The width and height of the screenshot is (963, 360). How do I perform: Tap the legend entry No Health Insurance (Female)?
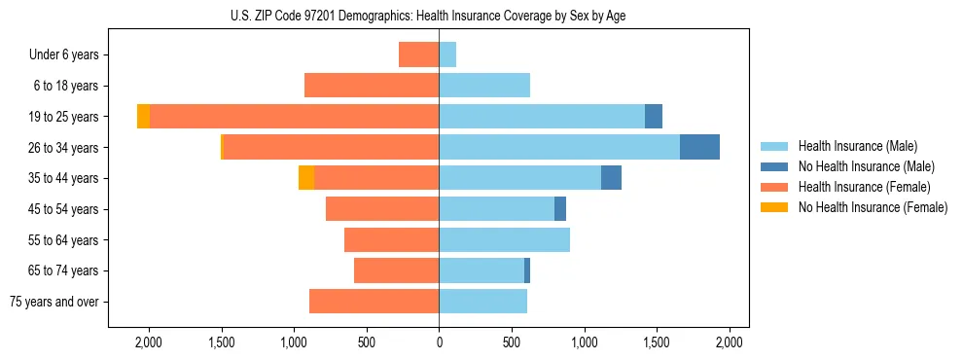[x=873, y=207]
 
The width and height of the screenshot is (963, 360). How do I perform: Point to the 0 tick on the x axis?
[x=439, y=342]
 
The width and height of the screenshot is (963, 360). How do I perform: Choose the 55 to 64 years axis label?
[x=65, y=240]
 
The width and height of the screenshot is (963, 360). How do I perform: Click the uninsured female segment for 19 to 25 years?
[x=143, y=117]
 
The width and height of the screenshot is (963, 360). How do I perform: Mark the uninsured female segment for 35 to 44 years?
[x=306, y=178]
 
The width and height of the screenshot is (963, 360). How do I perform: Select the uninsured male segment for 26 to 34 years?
[x=699, y=147]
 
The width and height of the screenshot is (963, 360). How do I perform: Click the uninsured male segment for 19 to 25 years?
[x=654, y=117]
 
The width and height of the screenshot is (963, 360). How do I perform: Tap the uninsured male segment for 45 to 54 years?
[x=560, y=209]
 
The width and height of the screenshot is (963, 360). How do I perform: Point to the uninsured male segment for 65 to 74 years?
[x=527, y=270]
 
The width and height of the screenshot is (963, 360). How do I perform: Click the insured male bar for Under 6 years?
[x=447, y=54]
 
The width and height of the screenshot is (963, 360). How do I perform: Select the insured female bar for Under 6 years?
[x=419, y=54]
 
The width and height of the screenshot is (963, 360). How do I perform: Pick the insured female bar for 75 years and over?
[x=374, y=302]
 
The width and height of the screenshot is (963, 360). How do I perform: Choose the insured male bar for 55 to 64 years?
[x=504, y=240]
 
